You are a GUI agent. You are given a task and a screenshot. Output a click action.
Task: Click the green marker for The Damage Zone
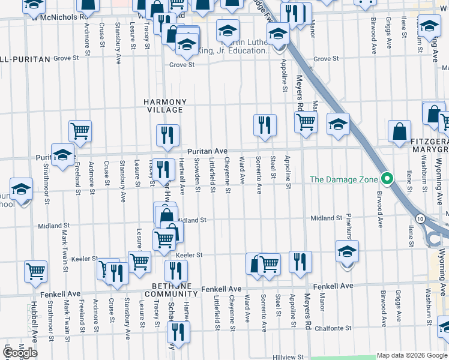click(x=388, y=179)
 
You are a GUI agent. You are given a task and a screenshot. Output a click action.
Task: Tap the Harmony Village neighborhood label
click(x=164, y=106)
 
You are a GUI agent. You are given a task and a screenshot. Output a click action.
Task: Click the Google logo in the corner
click(x=20, y=352)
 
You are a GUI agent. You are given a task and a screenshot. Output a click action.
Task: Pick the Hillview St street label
click(x=283, y=356)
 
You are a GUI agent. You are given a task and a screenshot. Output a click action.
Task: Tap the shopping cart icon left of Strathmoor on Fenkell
click(x=35, y=270)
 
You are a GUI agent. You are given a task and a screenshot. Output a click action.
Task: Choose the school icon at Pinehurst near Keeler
click(x=347, y=251)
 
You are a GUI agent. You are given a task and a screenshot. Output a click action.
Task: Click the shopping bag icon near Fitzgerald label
click(x=399, y=131)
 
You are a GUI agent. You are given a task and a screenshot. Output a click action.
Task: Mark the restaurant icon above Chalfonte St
click(x=178, y=332)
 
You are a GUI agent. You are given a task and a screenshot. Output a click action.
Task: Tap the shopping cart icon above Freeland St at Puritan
click(x=80, y=130)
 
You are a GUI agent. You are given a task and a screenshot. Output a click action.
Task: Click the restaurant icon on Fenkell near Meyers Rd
click(x=300, y=262)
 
